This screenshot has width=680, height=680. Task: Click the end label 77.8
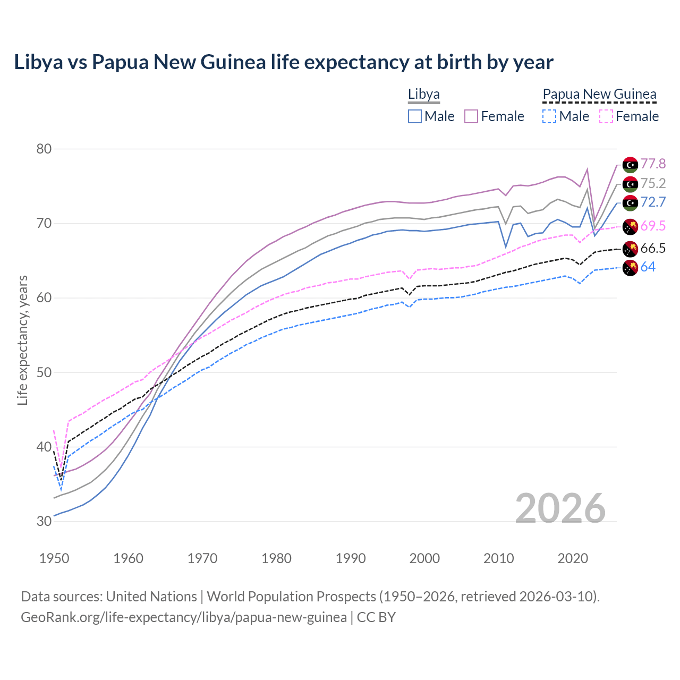[653, 164]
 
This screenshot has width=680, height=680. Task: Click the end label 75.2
[653, 183]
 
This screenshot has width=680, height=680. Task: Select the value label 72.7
[653, 202]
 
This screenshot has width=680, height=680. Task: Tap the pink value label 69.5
[653, 226]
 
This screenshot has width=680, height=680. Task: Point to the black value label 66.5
[653, 248]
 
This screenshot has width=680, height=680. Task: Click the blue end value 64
[648, 267]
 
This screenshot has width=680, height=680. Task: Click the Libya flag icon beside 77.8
[630, 165]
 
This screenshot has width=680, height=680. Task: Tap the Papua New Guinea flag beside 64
[630, 268]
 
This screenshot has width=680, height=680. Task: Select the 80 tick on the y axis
[44, 149]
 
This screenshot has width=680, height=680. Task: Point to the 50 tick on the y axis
[44, 372]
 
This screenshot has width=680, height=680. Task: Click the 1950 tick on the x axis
[54, 558]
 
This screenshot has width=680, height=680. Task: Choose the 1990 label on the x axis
[351, 558]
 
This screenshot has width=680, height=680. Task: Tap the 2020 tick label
[573, 558]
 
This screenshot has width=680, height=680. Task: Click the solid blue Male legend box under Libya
[415, 116]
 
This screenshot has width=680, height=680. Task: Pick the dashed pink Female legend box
[606, 116]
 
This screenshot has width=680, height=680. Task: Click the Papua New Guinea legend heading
[599, 95]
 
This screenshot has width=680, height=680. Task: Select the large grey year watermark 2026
[560, 508]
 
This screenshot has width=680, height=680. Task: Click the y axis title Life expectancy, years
[23, 340]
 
